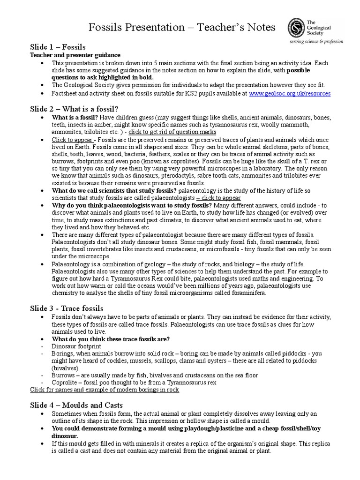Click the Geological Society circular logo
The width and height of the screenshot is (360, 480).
point(297,28)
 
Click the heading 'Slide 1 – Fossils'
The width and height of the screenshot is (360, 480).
point(58,47)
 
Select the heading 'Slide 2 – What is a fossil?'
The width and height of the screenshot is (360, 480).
point(74,108)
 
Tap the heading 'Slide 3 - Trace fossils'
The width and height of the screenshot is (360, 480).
point(67,308)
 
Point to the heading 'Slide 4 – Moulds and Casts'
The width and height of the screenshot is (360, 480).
point(76,405)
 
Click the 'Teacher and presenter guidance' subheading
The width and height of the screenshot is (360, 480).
point(75,55)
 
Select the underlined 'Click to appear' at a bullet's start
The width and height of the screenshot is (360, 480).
point(73,140)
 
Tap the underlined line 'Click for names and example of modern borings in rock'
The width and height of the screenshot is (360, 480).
point(104,390)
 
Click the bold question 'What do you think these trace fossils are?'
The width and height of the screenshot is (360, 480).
point(111,339)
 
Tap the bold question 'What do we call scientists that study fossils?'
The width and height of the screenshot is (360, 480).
point(114,191)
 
